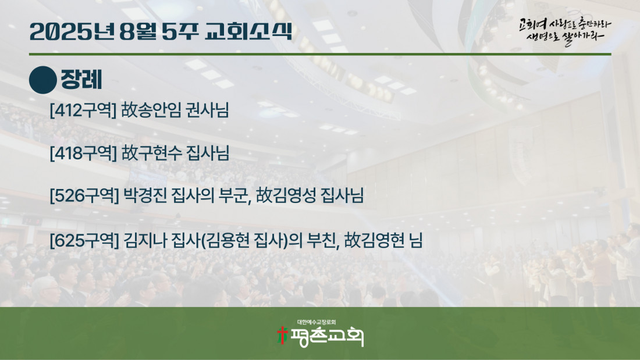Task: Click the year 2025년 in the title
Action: [x=72, y=31]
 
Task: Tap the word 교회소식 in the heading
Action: [x=248, y=31]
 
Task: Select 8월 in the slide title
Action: [x=138, y=31]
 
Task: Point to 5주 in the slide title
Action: [x=180, y=31]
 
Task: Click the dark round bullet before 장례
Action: [x=43, y=80]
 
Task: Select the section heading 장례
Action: [x=81, y=80]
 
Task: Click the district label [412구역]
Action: [x=83, y=110]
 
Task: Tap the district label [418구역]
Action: [x=83, y=153]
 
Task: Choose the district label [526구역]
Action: [x=84, y=195]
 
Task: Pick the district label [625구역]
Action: [x=84, y=240]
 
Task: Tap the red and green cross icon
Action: [x=282, y=335]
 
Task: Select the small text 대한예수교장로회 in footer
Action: [x=317, y=322]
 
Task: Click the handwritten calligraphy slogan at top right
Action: [x=565, y=31]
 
